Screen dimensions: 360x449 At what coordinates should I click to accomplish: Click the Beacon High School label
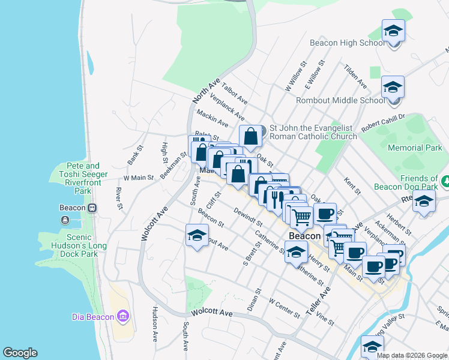(x=348, y=43)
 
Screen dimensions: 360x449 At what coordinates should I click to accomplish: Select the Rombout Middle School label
(x=348, y=100)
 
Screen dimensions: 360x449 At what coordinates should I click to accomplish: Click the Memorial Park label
(x=415, y=148)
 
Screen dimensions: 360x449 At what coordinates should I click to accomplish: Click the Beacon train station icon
(x=92, y=208)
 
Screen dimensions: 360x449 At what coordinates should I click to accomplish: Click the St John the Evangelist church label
(x=313, y=132)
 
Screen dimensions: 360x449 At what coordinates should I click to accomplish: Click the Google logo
(x=20, y=353)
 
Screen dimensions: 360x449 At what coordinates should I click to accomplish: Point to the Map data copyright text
(x=411, y=355)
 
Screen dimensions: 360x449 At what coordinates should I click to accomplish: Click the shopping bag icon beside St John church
(x=250, y=136)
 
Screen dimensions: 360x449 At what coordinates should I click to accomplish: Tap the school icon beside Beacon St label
(x=196, y=236)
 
